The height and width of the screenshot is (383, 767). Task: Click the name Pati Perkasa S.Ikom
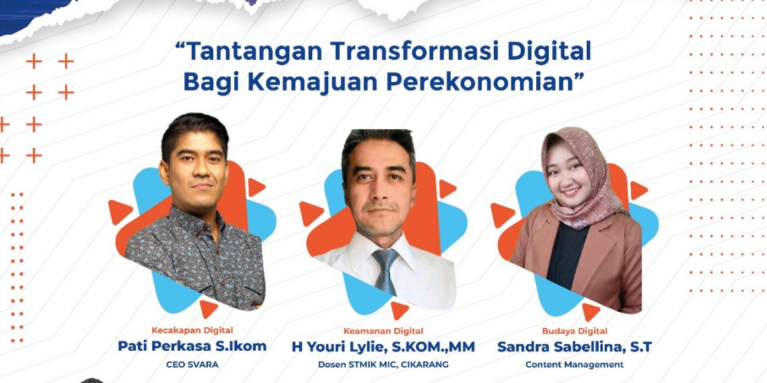point(192,346)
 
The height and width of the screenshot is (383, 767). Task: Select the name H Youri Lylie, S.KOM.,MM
point(383,347)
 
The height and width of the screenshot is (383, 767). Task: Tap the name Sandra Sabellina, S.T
point(574,347)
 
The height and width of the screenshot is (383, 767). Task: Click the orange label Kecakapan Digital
point(192,330)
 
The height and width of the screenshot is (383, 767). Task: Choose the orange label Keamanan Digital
point(383,331)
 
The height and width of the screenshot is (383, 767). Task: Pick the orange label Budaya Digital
point(575,331)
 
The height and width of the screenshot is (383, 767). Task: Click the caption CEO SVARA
point(192,365)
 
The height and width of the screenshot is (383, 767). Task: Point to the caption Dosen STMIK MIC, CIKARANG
point(383,365)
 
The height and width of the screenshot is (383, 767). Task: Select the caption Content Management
point(575,365)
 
